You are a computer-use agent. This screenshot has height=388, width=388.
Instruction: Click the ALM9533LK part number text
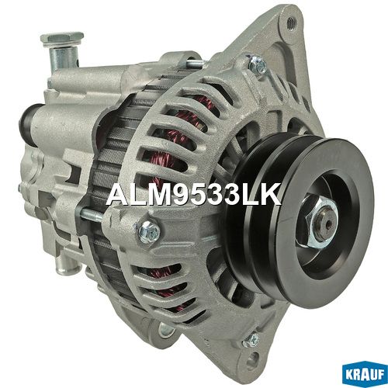[x=194, y=195]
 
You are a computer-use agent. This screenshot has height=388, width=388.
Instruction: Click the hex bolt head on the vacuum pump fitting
[x=62, y=39]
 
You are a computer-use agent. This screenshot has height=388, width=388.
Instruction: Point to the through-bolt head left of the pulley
[x=150, y=231]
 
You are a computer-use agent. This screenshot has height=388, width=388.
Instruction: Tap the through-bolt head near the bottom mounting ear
[x=251, y=341]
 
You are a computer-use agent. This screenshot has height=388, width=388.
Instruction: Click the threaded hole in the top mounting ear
[x=292, y=22]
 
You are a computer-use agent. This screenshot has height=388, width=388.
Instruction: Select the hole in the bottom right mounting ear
[x=251, y=359]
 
